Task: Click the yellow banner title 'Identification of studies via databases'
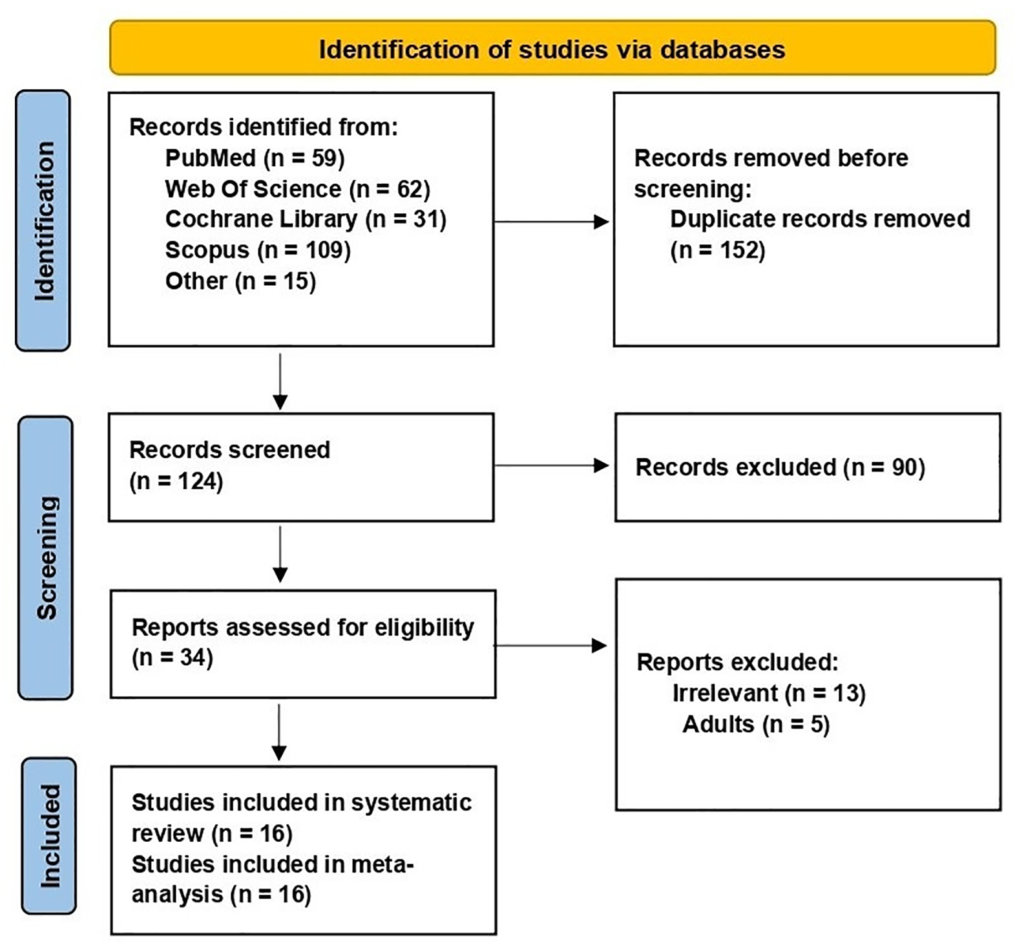(552, 50)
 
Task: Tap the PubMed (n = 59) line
(255, 158)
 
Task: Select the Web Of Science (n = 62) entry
(297, 189)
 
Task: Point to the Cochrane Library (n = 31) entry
(306, 219)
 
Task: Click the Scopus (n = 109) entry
(258, 250)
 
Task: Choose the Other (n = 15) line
(240, 281)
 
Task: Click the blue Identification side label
(43, 220)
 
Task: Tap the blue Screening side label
(46, 557)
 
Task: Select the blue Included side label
(49, 835)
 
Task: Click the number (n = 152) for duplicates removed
(717, 250)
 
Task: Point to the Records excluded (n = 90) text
(780, 467)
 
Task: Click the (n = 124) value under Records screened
(176, 481)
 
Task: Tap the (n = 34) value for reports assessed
(172, 657)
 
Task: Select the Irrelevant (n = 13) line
(768, 693)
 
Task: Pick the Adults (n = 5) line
(755, 724)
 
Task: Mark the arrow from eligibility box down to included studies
(279, 731)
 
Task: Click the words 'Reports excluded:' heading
(737, 662)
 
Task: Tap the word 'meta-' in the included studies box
(382, 864)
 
